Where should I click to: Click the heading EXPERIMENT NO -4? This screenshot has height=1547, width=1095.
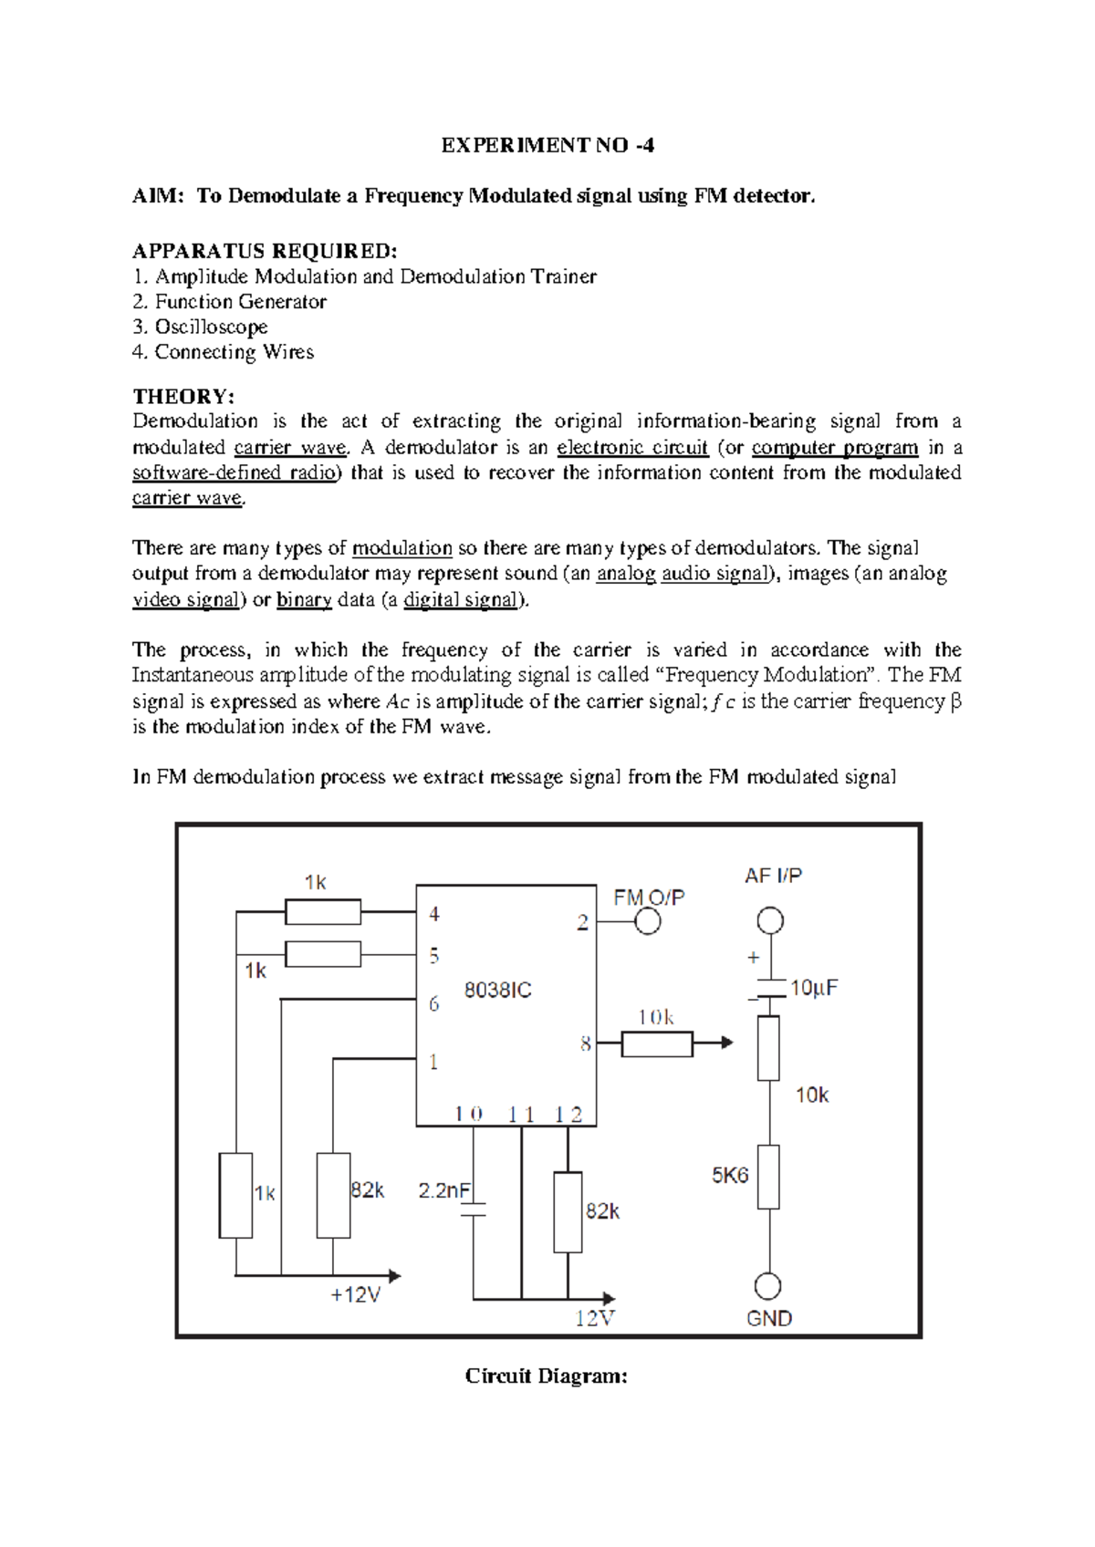(547, 145)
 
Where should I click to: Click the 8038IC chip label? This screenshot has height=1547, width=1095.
(497, 990)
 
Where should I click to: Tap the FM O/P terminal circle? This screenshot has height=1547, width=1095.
(648, 921)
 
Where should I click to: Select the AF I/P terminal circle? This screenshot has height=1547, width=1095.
(771, 920)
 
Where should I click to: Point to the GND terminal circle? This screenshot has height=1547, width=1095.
(768, 1286)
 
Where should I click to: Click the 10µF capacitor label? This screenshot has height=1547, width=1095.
(813, 988)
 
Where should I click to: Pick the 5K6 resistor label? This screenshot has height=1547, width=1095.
(730, 1175)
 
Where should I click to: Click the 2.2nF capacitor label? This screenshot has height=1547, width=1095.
(444, 1190)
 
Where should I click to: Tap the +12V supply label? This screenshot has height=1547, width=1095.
(355, 1295)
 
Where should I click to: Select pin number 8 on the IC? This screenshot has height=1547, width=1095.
(585, 1043)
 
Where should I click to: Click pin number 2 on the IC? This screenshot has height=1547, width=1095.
(582, 922)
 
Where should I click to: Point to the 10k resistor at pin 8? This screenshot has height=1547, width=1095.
(657, 1043)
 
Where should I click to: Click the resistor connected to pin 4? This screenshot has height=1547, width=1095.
(323, 911)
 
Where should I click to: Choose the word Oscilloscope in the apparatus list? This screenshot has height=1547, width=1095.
(211, 327)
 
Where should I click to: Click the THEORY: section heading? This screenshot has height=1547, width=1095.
(183, 396)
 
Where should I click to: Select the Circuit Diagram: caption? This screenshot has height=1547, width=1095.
(546, 1376)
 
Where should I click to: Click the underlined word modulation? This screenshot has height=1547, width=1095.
(402, 548)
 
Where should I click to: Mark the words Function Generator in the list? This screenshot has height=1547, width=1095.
(240, 302)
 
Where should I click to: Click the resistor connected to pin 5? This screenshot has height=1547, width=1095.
(323, 954)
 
